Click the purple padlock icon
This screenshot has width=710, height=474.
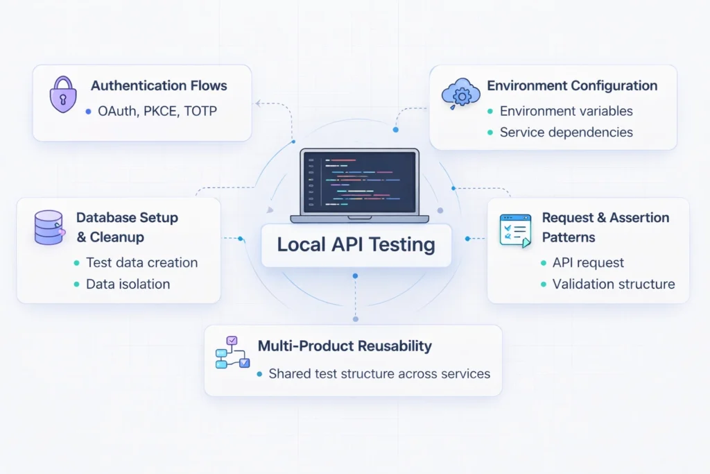63,95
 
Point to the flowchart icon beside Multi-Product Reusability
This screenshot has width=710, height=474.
232,353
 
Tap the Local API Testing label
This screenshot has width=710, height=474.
356,245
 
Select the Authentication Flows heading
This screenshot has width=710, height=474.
159,86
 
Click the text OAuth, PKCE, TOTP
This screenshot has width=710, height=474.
157,111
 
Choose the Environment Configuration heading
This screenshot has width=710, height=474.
572,86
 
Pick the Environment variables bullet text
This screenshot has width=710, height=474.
566,111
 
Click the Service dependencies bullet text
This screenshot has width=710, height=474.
566,132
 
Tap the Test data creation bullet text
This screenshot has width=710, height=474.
141,262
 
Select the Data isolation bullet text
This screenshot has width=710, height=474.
128,284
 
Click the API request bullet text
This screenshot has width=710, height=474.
588,262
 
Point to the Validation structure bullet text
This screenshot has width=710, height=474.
613,284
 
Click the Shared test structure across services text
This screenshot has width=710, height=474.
379,373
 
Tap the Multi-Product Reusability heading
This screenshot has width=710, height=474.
345,346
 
